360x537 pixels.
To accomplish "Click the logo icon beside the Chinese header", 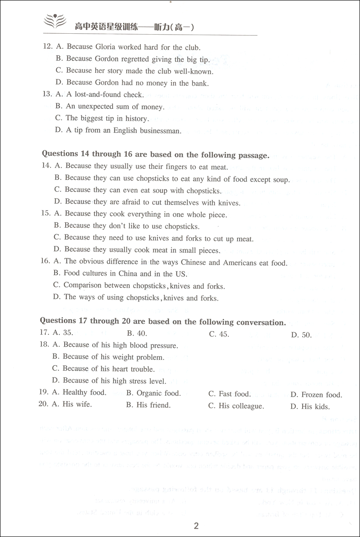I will tap(54, 23).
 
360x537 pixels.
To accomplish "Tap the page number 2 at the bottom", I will tap(196, 526).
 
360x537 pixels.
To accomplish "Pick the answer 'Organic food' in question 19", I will tap(159, 393).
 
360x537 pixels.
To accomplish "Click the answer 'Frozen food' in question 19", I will tap(322, 395).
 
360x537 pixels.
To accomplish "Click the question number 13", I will tap(46, 95).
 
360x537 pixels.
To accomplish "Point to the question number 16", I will tap(46, 262).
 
